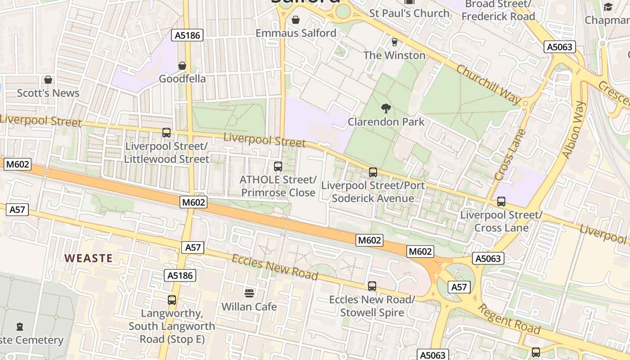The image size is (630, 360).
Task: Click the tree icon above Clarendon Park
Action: point(386,108)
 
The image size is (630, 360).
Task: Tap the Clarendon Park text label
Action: point(386,122)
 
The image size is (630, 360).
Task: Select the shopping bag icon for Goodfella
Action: point(182,66)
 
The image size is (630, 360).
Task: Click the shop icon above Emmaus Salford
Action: point(296,20)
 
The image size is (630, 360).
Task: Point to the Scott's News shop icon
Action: point(48,80)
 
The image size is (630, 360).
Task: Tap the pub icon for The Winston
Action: point(394,42)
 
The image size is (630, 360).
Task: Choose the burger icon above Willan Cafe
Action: point(249,293)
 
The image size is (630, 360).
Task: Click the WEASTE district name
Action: point(88,258)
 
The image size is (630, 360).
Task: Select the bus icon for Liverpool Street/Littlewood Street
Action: point(166,133)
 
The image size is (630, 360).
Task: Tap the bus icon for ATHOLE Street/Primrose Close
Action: point(278,166)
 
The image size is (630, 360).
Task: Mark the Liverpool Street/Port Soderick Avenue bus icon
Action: point(373,172)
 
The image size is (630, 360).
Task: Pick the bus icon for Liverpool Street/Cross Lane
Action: point(501,202)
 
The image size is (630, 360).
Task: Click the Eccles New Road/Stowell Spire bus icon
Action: point(372,286)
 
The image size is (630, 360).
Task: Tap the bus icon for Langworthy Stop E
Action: point(171,300)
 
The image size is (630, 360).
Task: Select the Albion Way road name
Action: point(574,130)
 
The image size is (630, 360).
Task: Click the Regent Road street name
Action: point(508,319)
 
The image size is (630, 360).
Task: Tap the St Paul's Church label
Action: point(409,13)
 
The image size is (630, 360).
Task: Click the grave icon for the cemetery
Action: point(19,326)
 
